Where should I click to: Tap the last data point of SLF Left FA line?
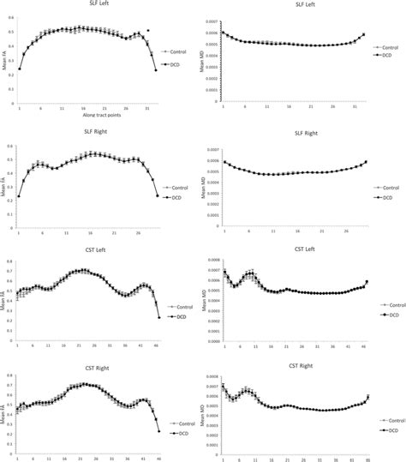156,70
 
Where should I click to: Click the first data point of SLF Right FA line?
19,196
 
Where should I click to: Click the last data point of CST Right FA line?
159,430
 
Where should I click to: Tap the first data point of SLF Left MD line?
223,32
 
